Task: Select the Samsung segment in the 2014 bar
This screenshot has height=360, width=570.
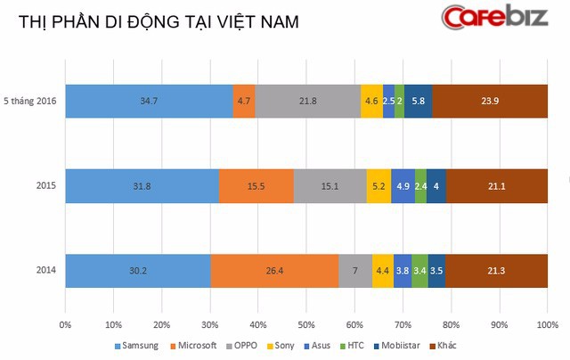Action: tap(138, 271)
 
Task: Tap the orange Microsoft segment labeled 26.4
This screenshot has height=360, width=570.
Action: tap(274, 271)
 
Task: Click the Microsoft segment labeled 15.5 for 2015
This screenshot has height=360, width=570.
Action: tap(256, 186)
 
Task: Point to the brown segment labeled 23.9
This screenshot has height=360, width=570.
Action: tap(489, 102)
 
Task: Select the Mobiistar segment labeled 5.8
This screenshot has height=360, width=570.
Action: tap(418, 102)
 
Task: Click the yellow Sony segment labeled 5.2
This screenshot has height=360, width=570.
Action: tap(379, 186)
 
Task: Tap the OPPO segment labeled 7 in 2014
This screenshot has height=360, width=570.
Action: tap(354, 271)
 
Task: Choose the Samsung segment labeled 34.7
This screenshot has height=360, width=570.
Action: tap(149, 102)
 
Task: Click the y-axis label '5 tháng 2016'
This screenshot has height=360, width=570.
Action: tap(31, 102)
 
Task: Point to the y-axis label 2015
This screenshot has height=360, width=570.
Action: tap(46, 186)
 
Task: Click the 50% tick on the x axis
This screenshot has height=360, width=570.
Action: tap(306, 324)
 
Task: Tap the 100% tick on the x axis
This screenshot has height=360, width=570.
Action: tap(547, 324)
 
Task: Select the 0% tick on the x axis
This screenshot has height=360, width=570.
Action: tap(65, 324)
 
